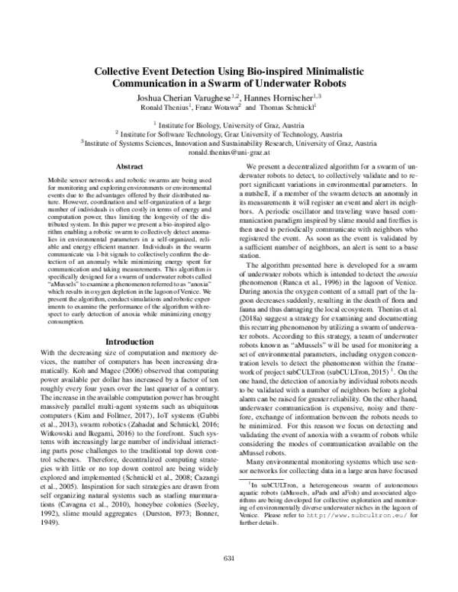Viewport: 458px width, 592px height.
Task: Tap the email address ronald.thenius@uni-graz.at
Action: (228, 152)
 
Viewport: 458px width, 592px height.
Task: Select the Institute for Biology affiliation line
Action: (229, 123)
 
